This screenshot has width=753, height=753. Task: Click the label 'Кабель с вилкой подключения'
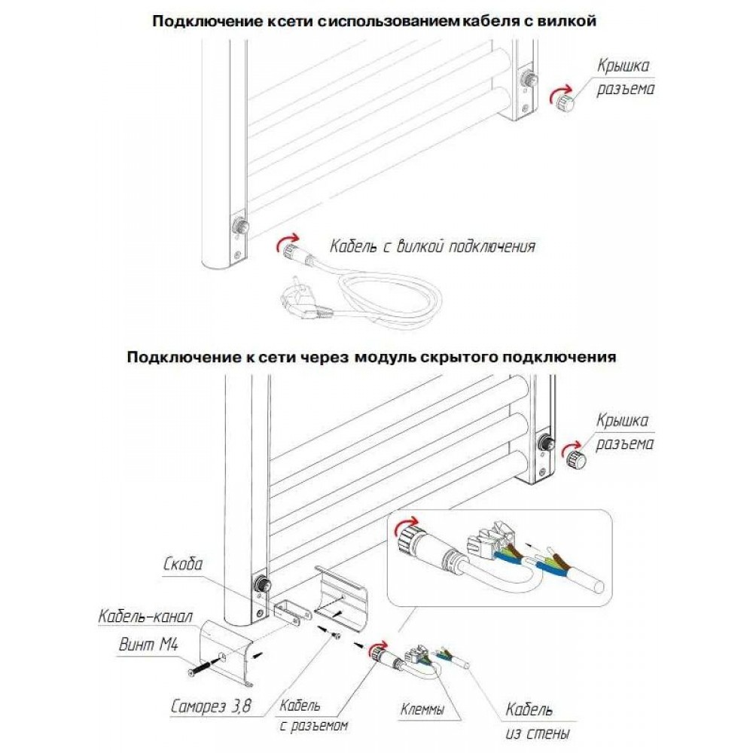(x=432, y=246)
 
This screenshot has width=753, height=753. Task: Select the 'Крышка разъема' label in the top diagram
(x=624, y=78)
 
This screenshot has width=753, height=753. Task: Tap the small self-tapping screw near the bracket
(x=335, y=636)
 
